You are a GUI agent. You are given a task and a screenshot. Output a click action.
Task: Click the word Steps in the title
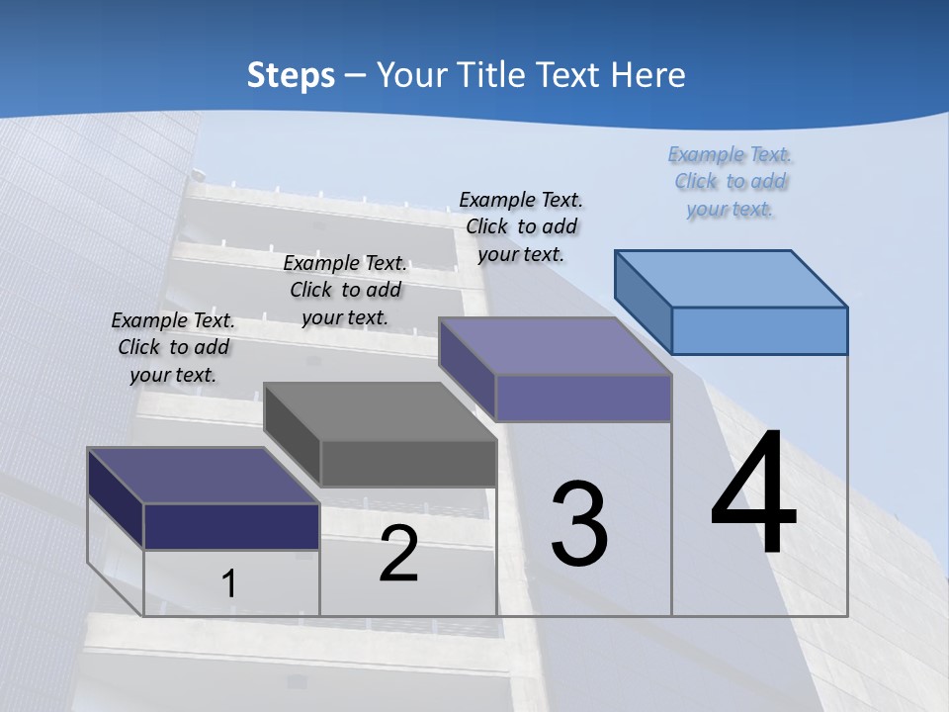click(x=291, y=75)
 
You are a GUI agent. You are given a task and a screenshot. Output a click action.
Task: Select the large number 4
click(x=753, y=494)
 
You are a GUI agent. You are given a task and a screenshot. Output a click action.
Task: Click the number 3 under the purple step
click(x=579, y=524)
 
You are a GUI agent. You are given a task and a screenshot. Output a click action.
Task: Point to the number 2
click(x=399, y=554)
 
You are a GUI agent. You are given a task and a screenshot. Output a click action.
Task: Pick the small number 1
click(x=229, y=583)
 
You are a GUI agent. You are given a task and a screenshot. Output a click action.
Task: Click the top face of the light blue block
click(x=732, y=278)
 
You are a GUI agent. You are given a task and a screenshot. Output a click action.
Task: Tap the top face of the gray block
click(x=381, y=411)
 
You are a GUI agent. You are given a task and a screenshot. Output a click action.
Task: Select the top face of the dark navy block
click(x=204, y=476)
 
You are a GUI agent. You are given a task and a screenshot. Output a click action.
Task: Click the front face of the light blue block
click(x=759, y=330)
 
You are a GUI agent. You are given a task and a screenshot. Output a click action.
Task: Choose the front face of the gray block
click(x=408, y=463)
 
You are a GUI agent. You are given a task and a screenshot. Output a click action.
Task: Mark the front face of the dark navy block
click(x=231, y=526)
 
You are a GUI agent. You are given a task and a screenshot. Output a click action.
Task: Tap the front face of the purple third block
click(x=583, y=398)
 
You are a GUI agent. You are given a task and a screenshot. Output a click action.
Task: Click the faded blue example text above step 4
click(x=731, y=182)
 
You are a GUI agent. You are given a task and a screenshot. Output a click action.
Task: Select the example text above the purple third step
click(x=522, y=226)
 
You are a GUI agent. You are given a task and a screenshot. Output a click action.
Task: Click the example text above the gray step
click(x=345, y=290)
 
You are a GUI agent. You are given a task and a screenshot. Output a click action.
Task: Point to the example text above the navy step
click(x=173, y=347)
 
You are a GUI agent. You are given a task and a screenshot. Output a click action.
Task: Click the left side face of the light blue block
click(x=644, y=301)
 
